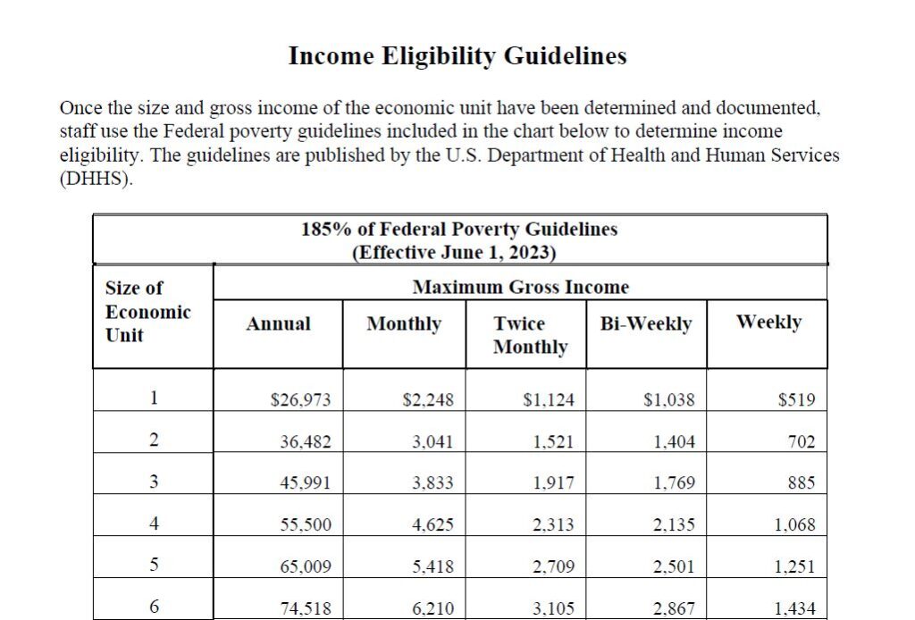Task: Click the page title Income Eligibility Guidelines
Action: coord(457,56)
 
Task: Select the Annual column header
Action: coord(279,323)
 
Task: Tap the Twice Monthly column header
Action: coord(530,335)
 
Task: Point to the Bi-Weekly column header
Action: coord(646,323)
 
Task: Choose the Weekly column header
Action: coord(768,322)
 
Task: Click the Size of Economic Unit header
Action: coord(148,312)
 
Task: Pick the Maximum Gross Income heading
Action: coord(520,288)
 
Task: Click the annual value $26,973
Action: coord(300,400)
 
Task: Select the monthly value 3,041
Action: coord(432,441)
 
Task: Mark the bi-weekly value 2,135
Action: coord(674,525)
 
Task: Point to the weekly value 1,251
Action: coord(794,567)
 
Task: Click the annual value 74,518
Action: coord(306,609)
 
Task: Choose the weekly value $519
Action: coord(796,400)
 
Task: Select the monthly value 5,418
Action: coord(432,567)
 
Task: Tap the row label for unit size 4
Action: coord(154,524)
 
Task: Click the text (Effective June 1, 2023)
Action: coord(454,253)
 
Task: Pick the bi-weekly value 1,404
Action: coord(674,441)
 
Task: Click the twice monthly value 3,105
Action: coord(553,609)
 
